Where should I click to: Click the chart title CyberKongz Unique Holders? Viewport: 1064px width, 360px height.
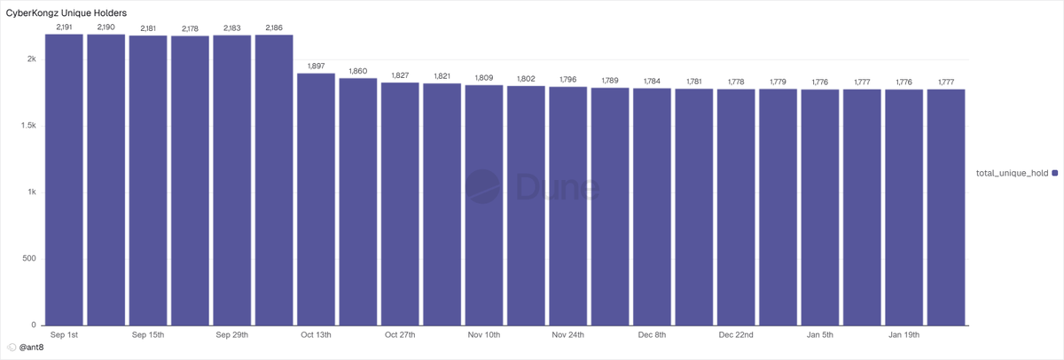pyautogui.click(x=66, y=12)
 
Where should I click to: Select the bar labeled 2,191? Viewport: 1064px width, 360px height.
pyautogui.click(x=64, y=179)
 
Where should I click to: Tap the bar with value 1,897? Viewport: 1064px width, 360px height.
pyautogui.click(x=316, y=200)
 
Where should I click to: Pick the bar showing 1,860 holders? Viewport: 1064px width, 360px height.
pyautogui.click(x=358, y=202)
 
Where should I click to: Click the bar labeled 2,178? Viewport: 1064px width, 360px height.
pyautogui.click(x=190, y=181)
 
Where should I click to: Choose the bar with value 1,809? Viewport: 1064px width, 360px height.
pyautogui.click(x=484, y=205)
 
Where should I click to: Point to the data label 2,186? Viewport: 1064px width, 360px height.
pyautogui.click(x=274, y=27)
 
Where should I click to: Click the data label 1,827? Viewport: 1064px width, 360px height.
pyautogui.click(x=400, y=75)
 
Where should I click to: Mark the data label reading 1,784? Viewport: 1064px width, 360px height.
pyautogui.click(x=652, y=81)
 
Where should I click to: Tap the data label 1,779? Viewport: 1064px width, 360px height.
pyautogui.click(x=778, y=82)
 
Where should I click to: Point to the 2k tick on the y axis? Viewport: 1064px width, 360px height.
pyautogui.click(x=32, y=59)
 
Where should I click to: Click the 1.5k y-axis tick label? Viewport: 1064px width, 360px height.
pyautogui.click(x=28, y=125)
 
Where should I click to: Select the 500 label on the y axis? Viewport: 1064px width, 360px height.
pyautogui.click(x=29, y=258)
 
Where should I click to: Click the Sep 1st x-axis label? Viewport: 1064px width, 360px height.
pyautogui.click(x=64, y=335)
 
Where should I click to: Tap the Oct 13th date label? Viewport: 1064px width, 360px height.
pyautogui.click(x=316, y=335)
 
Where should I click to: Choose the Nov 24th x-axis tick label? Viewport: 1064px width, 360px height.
pyautogui.click(x=568, y=335)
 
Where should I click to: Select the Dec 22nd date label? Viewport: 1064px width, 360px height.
pyautogui.click(x=736, y=335)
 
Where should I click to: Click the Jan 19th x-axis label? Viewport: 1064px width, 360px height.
pyautogui.click(x=904, y=335)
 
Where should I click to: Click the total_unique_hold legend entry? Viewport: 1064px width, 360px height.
pyautogui.click(x=1017, y=174)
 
